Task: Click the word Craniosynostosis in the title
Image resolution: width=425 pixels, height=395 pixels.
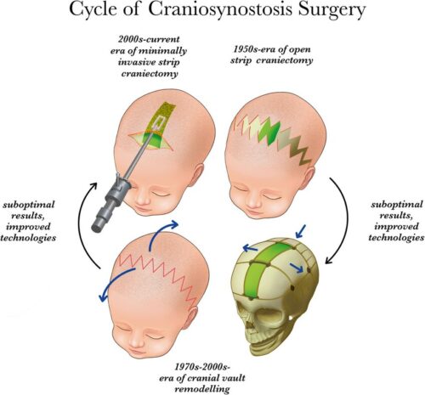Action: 220,10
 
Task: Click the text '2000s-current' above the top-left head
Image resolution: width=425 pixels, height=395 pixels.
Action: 149,39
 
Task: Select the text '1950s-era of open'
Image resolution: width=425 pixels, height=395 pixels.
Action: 272,49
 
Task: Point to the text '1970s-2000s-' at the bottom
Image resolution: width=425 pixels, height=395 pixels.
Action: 201,367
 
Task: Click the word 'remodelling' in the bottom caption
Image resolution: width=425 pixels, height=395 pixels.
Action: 202,389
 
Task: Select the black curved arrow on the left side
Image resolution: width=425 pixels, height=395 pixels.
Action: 82,227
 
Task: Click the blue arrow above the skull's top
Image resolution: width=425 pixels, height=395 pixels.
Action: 300,231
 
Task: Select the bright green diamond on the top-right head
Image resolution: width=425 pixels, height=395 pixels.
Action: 269,132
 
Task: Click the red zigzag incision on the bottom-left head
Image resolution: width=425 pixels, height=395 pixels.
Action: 158,276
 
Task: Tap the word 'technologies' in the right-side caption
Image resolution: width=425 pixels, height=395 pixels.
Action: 396,237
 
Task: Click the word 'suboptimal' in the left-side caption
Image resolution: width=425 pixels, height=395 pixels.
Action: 28,205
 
